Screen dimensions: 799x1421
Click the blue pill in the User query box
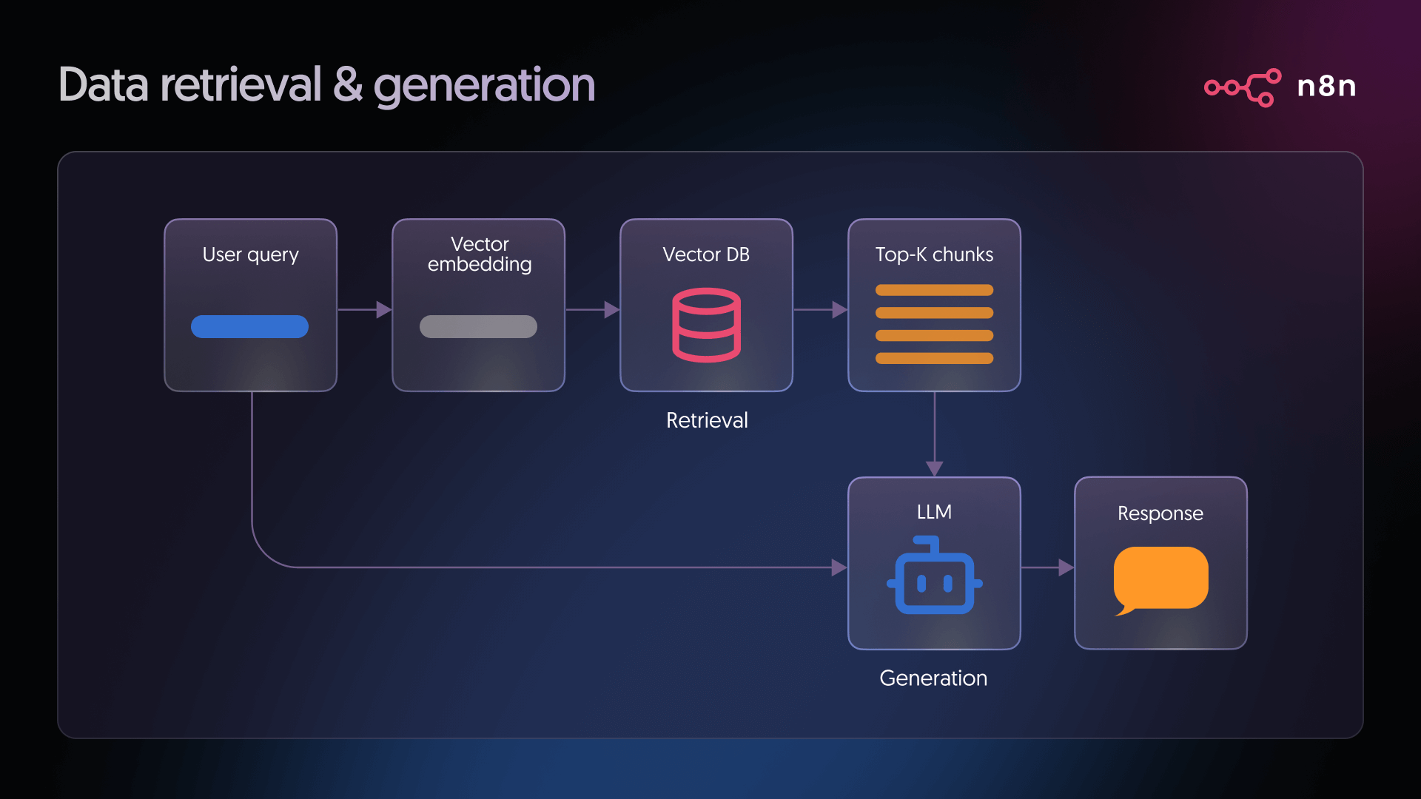(249, 326)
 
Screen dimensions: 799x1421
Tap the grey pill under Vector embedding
(478, 326)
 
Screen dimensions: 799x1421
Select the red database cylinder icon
(706, 325)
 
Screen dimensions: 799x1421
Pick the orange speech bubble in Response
(1160, 579)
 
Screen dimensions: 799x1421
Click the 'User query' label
(250, 254)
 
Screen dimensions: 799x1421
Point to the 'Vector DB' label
(706, 254)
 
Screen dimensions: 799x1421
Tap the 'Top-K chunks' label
(934, 254)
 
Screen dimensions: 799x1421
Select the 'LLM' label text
(934, 512)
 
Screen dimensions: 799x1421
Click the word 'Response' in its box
(1160, 513)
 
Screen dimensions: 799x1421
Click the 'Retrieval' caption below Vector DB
(707, 420)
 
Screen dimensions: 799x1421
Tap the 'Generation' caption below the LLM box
(933, 678)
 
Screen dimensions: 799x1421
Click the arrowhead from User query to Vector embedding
(383, 309)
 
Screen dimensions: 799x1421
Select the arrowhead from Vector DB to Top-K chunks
(839, 309)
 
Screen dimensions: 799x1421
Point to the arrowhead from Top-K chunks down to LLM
(935, 468)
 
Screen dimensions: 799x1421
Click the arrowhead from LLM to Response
(1066, 567)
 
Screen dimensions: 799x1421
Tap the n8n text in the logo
(1326, 87)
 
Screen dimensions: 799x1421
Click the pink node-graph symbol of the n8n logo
(1243, 87)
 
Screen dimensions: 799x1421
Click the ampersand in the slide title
(347, 85)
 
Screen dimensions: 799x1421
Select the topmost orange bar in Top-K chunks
(934, 290)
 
